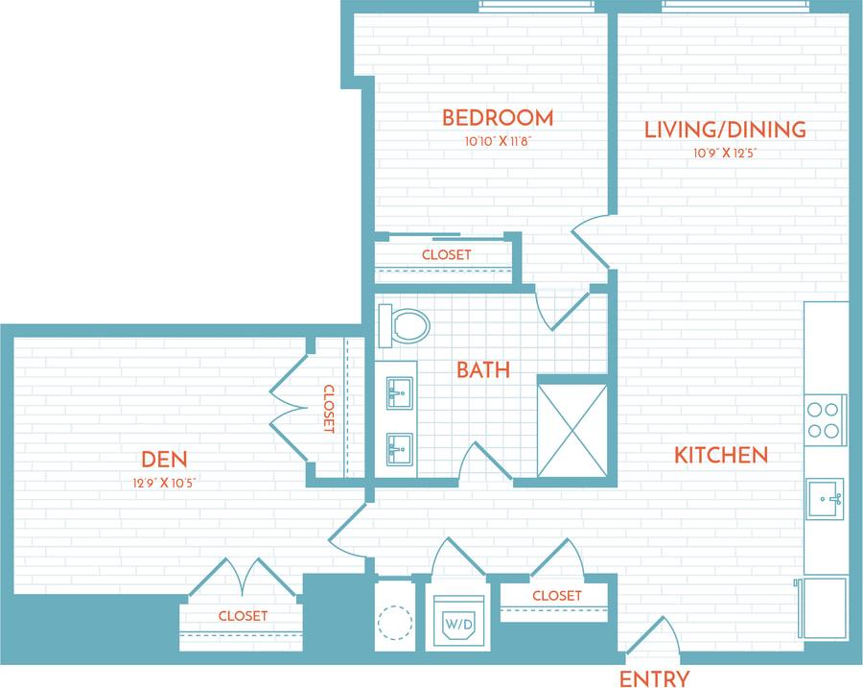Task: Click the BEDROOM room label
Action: [497, 118]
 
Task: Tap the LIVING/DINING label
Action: [725, 130]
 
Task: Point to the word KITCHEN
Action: [721, 455]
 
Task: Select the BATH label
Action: [483, 369]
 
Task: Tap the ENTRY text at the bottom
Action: [654, 678]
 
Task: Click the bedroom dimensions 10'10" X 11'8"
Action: [498, 141]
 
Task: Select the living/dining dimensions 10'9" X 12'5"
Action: [725, 153]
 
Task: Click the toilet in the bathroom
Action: [403, 326]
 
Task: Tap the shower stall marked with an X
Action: [571, 429]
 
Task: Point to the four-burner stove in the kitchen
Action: [824, 418]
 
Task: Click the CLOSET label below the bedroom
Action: [446, 255]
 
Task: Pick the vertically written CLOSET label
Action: [328, 410]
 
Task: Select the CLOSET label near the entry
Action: [556, 596]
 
